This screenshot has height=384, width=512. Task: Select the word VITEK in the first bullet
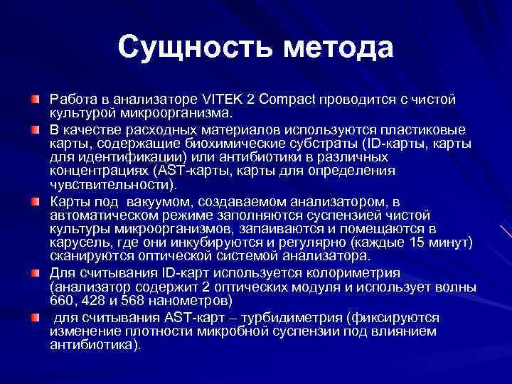coord(203,99)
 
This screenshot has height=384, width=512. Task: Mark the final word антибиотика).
coord(95,345)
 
